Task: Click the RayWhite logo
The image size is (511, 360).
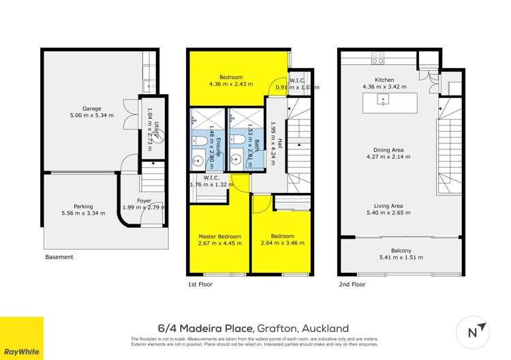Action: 21,338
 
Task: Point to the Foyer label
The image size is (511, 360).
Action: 144,200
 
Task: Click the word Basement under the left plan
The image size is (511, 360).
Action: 59,258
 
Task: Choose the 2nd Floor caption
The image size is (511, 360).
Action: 353,284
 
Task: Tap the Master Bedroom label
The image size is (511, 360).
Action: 215,236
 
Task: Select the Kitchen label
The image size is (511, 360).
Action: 376,79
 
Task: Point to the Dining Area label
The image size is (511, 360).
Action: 386,149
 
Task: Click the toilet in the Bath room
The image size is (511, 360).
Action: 238,140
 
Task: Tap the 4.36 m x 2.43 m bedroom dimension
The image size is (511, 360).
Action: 231,85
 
